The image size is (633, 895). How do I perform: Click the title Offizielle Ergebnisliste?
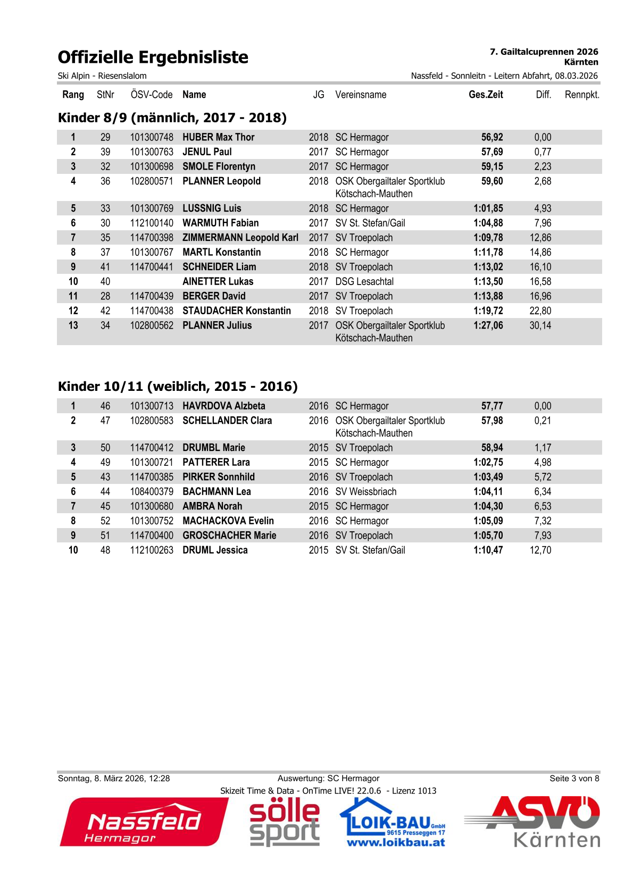(153, 57)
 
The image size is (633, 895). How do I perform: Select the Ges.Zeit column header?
(485, 95)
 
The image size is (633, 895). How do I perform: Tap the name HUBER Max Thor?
(218, 137)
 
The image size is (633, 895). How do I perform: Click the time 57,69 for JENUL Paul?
(492, 152)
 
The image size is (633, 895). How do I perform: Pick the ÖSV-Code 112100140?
(152, 223)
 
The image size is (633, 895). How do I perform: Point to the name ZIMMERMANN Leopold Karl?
(240, 238)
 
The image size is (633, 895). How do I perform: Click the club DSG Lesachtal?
(364, 282)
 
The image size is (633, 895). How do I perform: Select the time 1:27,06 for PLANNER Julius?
(488, 325)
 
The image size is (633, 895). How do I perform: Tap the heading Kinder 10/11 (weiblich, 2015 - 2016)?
(178, 387)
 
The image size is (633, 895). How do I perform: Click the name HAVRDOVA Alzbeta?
(223, 406)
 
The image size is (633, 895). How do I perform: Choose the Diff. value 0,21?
(543, 421)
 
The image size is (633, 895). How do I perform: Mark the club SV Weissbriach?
(365, 492)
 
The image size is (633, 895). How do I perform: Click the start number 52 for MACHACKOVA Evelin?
(105, 521)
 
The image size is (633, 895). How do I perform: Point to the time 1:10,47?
(488, 550)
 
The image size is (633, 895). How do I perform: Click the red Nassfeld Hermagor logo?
(144, 822)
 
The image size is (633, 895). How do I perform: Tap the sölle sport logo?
(285, 822)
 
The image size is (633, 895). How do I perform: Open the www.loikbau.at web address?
(396, 842)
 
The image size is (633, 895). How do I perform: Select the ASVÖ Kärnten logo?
(532, 822)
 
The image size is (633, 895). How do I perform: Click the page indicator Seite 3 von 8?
(574, 779)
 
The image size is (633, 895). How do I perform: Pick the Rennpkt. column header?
(581, 95)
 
